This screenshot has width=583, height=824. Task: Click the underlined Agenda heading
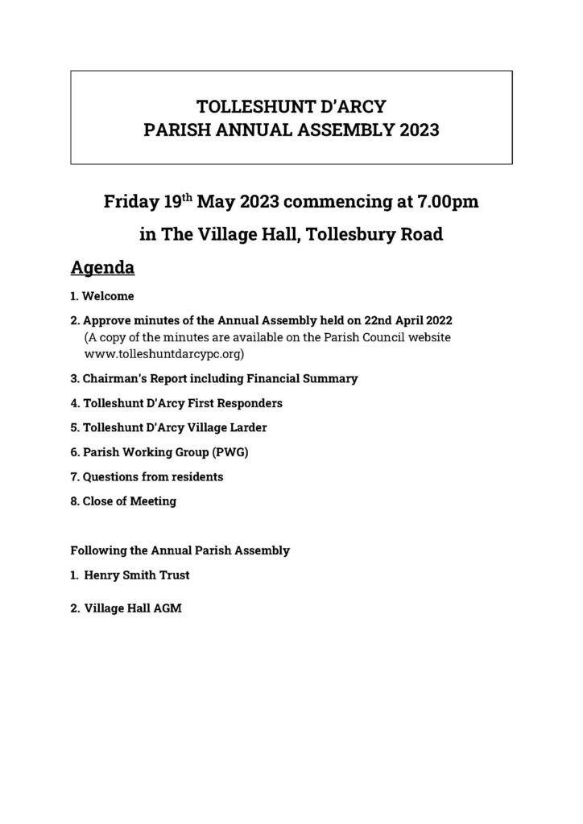tap(102, 266)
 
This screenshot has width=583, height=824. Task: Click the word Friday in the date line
tap(131, 201)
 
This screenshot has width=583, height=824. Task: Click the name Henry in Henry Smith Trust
tap(102, 575)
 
